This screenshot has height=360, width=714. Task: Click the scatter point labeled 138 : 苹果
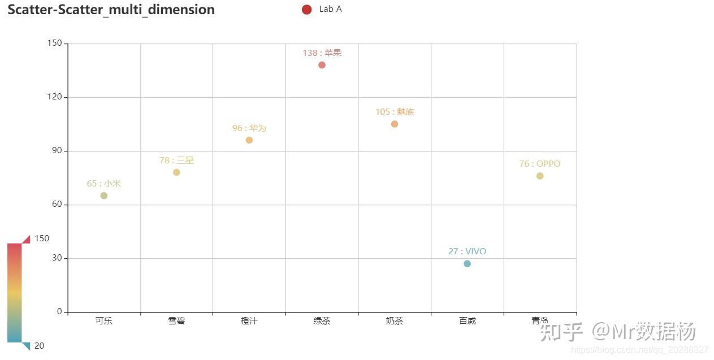[322, 65]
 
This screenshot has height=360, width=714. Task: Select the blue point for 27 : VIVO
[467, 263]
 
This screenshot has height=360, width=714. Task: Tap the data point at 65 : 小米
[103, 196]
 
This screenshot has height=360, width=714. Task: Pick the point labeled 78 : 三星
[176, 172]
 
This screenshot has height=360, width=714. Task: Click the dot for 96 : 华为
[249, 140]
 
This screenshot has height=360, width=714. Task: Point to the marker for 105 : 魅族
[395, 124]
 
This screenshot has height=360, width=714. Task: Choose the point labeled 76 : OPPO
[540, 176]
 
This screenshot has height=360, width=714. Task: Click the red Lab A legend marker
[307, 10]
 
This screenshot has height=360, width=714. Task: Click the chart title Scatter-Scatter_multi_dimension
[111, 10]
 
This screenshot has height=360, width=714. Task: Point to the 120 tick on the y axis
[55, 97]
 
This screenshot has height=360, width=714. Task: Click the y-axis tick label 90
[57, 151]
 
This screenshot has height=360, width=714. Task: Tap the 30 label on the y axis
[57, 258]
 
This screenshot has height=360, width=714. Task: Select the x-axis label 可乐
[104, 321]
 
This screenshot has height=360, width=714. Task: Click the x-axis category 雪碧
[176, 321]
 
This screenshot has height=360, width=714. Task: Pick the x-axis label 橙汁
[249, 321]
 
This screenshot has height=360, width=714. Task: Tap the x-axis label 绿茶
[322, 321]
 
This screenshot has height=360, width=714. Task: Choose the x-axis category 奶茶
[395, 321]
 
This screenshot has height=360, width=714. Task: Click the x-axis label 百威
[468, 321]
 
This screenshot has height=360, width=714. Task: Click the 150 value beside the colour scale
[42, 238]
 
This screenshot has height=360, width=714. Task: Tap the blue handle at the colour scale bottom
[26, 346]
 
